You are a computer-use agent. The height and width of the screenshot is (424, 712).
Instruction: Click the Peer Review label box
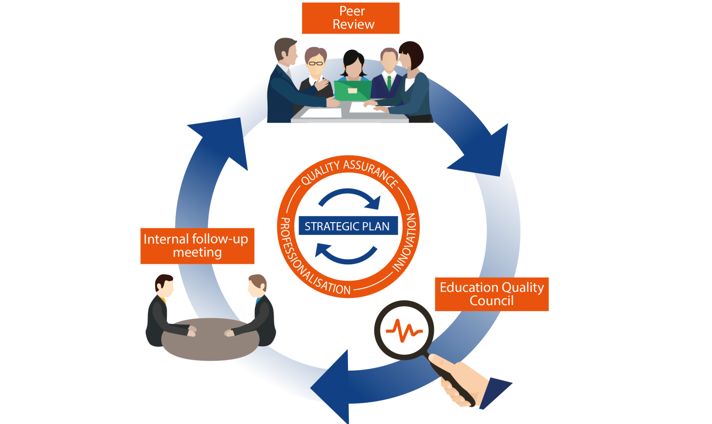tap(350, 18)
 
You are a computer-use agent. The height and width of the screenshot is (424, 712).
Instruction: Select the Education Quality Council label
tap(491, 294)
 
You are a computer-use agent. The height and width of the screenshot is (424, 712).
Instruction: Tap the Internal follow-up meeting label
tap(197, 246)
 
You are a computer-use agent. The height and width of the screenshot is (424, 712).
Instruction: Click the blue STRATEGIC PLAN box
tap(348, 226)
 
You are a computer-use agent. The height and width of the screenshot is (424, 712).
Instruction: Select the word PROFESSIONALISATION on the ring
tap(305, 259)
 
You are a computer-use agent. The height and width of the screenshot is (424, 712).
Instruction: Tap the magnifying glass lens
tap(404, 329)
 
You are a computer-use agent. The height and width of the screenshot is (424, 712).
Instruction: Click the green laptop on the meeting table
tap(352, 91)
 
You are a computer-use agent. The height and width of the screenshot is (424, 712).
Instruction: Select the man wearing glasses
tap(315, 71)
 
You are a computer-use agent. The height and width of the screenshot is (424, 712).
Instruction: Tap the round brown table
tap(210, 340)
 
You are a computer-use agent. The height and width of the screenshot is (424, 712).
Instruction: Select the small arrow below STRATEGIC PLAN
tap(346, 254)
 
